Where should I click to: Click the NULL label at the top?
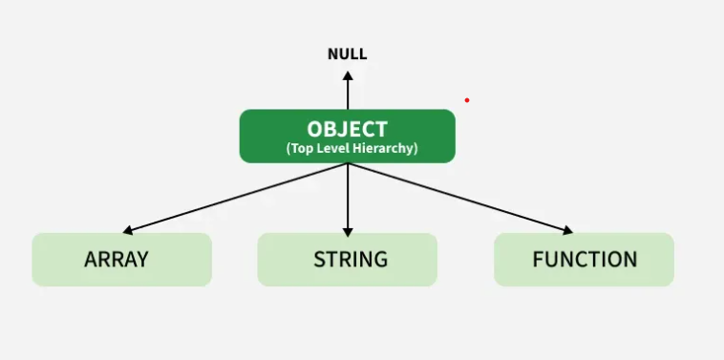(x=347, y=53)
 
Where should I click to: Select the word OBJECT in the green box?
(x=347, y=129)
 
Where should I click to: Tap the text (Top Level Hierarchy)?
(x=351, y=149)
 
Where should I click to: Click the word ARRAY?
(x=117, y=259)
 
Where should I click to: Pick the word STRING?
(x=351, y=259)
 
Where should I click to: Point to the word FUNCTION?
(x=585, y=259)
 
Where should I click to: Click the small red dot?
(x=467, y=99)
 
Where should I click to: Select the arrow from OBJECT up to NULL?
(x=348, y=91)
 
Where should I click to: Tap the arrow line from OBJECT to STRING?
(x=348, y=196)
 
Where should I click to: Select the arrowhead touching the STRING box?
(x=348, y=231)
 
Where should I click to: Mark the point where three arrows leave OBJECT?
(x=348, y=163)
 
